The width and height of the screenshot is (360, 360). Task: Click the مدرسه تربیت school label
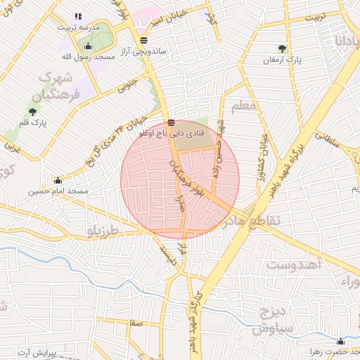[x=78, y=27]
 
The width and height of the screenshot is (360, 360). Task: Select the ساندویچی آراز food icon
[x=144, y=40]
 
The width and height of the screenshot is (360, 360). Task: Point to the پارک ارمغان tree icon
[x=282, y=49]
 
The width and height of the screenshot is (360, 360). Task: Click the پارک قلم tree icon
[x=32, y=111]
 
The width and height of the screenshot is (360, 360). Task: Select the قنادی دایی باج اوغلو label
[x=172, y=131]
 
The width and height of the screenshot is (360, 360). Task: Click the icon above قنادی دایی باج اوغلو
[x=172, y=122]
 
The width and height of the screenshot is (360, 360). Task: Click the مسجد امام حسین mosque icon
[x=58, y=180]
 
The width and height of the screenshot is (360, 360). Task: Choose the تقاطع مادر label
[x=250, y=221]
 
